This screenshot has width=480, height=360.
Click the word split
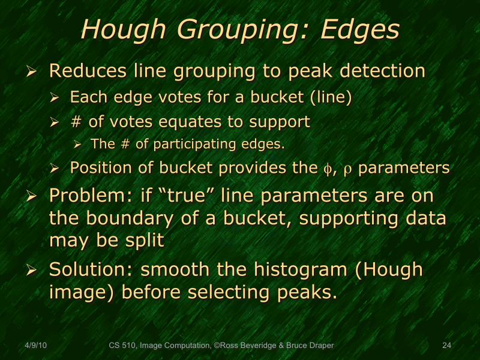click(x=143, y=241)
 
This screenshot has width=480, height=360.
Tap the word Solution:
click(x=90, y=270)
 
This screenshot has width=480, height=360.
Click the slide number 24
click(x=446, y=346)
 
